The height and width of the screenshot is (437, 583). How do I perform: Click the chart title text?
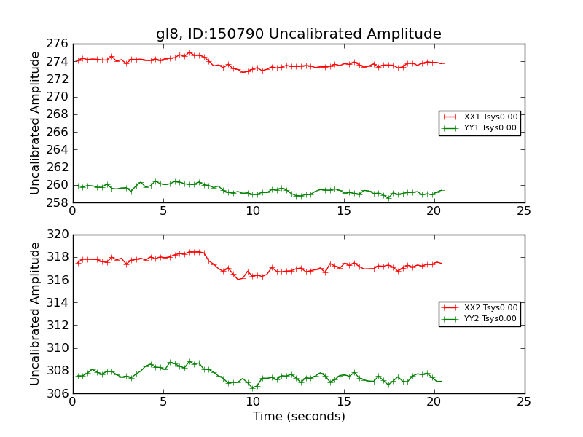tap(298, 34)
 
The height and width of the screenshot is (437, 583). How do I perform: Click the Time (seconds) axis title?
tap(299, 417)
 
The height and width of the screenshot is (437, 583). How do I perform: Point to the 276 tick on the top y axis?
tap(58, 44)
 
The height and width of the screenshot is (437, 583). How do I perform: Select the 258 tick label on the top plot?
tap(58, 202)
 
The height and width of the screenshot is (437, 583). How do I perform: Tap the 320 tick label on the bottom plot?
tap(58, 235)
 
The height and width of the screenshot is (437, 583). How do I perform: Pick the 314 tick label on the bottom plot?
tap(58, 303)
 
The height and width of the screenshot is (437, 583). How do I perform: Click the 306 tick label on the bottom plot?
tap(58, 394)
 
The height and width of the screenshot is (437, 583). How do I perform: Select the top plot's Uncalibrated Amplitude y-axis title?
tap(35, 123)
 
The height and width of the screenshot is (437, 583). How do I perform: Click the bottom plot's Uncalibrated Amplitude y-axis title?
tap(35, 314)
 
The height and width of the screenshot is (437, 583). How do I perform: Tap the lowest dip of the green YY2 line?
tap(253, 387)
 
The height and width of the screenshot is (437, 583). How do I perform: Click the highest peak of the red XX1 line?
tap(189, 52)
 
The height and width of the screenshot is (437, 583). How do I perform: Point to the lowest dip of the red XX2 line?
tap(238, 280)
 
